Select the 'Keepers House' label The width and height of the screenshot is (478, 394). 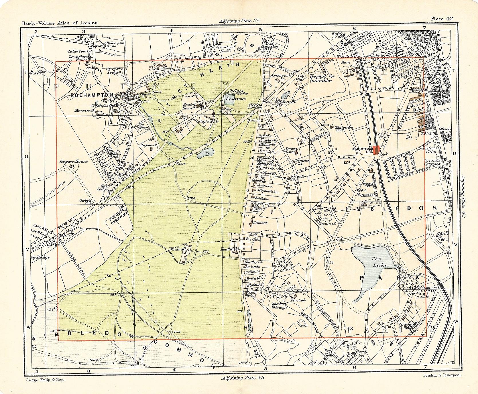[x=73, y=161]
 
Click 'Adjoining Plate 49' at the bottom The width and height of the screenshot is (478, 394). [x=243, y=378]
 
